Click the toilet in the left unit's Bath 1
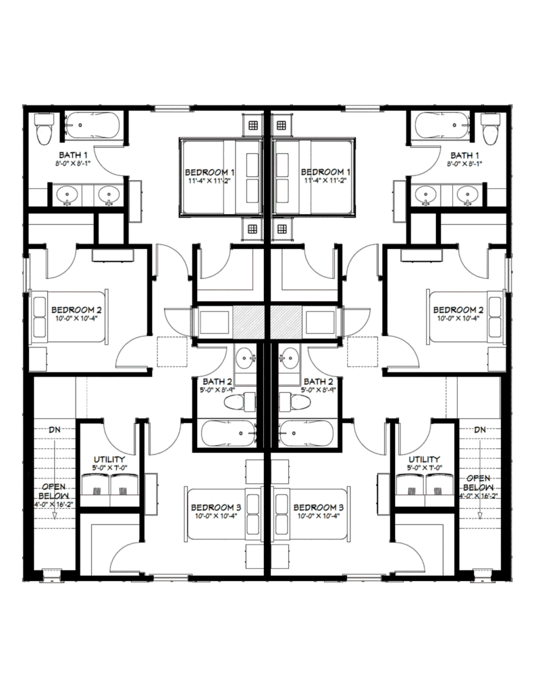click(x=44, y=129)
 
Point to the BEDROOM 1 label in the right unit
click(x=325, y=172)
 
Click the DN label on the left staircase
click(x=55, y=429)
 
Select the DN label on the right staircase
click(x=480, y=429)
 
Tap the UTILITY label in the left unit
click(x=109, y=460)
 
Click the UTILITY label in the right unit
click(x=424, y=460)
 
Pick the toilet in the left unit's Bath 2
click(x=240, y=402)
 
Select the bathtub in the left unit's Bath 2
click(x=228, y=433)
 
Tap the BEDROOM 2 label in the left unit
click(x=76, y=310)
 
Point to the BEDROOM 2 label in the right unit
click(x=458, y=310)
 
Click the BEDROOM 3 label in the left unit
click(x=216, y=507)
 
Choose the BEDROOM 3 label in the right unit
click(x=319, y=507)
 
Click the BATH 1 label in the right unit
click(x=464, y=155)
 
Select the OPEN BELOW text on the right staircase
click(x=478, y=482)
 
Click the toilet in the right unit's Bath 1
click(x=490, y=129)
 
